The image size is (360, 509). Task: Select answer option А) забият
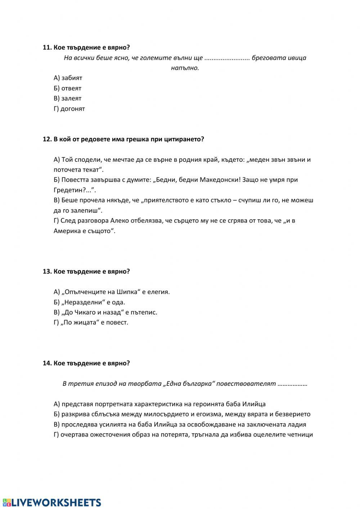68,78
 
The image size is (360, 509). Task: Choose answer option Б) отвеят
67,88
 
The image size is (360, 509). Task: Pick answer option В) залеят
67,98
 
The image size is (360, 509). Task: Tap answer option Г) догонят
69,109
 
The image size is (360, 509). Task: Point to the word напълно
185,68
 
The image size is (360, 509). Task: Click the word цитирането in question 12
185,139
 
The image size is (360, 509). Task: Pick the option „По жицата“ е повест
91,322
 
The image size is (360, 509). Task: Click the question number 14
47,363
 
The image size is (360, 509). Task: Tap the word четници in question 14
300,434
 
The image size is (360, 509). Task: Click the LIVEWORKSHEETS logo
52,503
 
